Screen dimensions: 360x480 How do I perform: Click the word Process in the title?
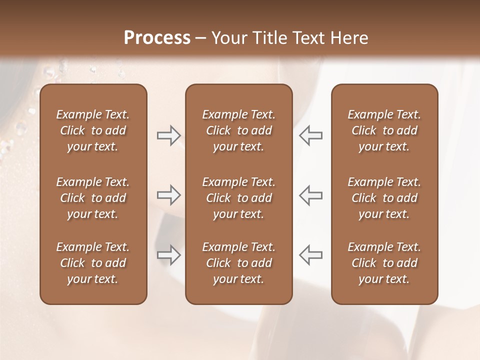157,38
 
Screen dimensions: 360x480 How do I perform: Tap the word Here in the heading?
349,38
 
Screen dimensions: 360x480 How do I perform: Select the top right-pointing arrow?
168,135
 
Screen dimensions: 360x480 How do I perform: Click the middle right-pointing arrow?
168,195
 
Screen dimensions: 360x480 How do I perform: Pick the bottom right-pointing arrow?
168,255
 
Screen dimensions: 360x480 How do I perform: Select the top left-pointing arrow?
311,135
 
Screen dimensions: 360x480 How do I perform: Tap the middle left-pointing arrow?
311,195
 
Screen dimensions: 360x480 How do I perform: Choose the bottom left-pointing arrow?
311,255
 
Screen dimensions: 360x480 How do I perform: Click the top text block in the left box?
93,130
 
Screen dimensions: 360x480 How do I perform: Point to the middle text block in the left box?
93,198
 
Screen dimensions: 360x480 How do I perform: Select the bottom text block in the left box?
93,263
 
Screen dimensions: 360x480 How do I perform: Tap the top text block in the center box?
239,130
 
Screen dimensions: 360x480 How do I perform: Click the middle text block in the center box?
239,198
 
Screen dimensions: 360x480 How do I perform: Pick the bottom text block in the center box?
239,263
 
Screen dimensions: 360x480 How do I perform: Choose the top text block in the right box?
384,130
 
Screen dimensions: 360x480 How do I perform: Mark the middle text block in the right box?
384,198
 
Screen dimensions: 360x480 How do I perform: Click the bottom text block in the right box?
384,263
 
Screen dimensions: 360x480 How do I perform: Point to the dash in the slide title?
201,38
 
